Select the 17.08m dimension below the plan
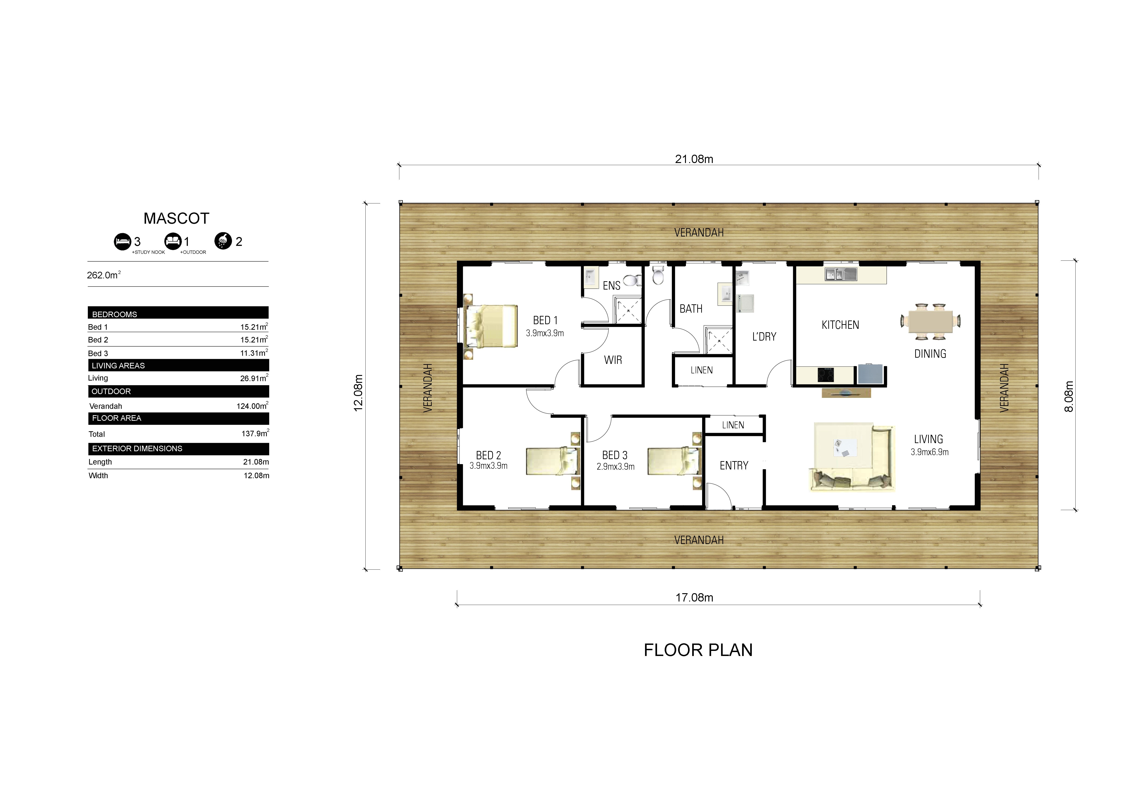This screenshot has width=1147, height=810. [x=694, y=597]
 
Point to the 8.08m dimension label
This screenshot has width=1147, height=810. [x=1069, y=396]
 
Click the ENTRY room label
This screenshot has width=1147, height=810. [x=733, y=466]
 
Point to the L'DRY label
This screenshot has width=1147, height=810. [x=764, y=337]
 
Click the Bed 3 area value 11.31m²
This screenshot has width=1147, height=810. [x=254, y=353]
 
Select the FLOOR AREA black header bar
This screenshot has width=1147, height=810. [x=178, y=418]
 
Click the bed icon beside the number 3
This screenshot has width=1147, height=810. [x=122, y=242]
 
